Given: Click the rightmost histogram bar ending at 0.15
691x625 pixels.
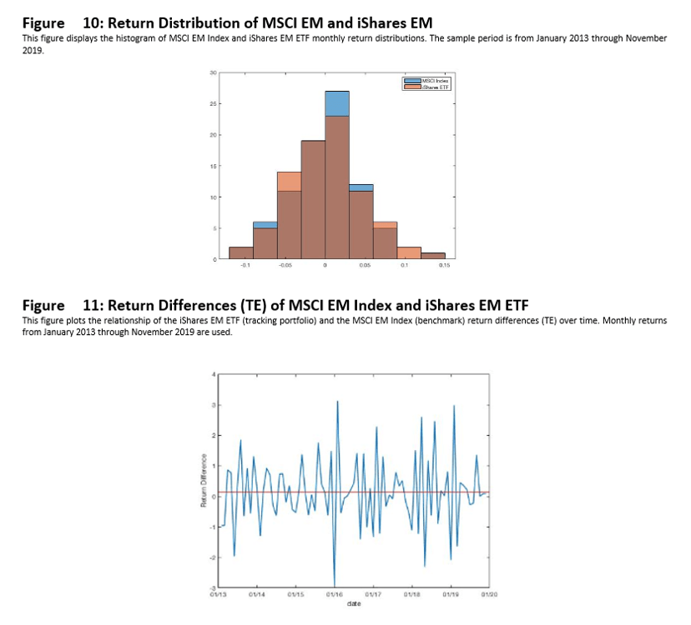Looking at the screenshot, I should [432, 256].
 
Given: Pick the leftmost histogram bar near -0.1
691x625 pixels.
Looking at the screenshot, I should [241, 253].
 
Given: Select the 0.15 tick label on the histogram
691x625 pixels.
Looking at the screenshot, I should [444, 266].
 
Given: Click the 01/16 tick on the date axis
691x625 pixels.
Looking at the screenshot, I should [335, 594].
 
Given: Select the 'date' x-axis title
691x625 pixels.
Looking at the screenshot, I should [354, 602].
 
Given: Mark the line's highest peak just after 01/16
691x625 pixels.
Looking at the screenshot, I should [337, 402].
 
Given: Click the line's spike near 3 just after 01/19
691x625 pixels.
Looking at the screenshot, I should [454, 406].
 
